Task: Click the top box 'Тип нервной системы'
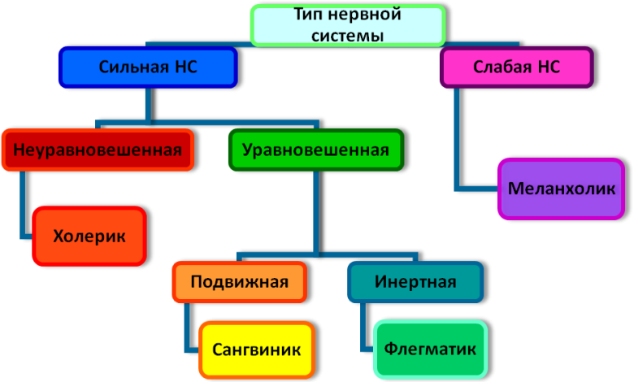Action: pyautogui.click(x=348, y=25)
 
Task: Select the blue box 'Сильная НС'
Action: pyautogui.click(x=147, y=67)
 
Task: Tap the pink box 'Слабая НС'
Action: pyautogui.click(x=516, y=67)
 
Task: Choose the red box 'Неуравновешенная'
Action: pyautogui.click(x=98, y=150)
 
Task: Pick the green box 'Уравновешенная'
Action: pyautogui.click(x=315, y=150)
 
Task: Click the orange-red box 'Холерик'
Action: pyautogui.click(x=89, y=237)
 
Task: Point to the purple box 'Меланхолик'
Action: pyautogui.click(x=562, y=189)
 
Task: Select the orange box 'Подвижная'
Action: pyautogui.click(x=239, y=282)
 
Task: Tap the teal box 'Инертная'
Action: pyautogui.click(x=415, y=282)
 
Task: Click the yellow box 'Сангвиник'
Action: pyautogui.click(x=257, y=350)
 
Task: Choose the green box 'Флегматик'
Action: pyautogui.click(x=431, y=350)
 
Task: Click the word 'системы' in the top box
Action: pyautogui.click(x=347, y=35)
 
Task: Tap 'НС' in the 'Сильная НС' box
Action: pyautogui.click(x=186, y=67)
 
